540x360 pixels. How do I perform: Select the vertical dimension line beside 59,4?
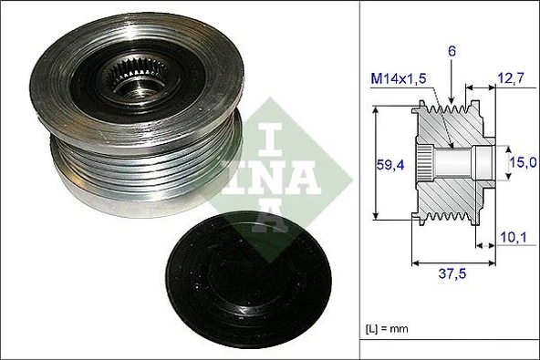(x=376, y=165)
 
